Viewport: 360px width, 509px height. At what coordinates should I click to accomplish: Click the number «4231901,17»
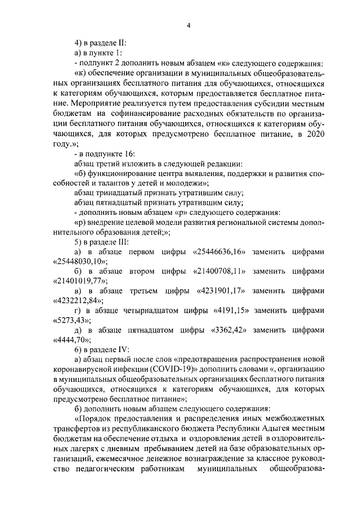coord(221,291)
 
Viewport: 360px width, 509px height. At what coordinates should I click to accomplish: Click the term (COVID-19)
coord(166,369)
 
